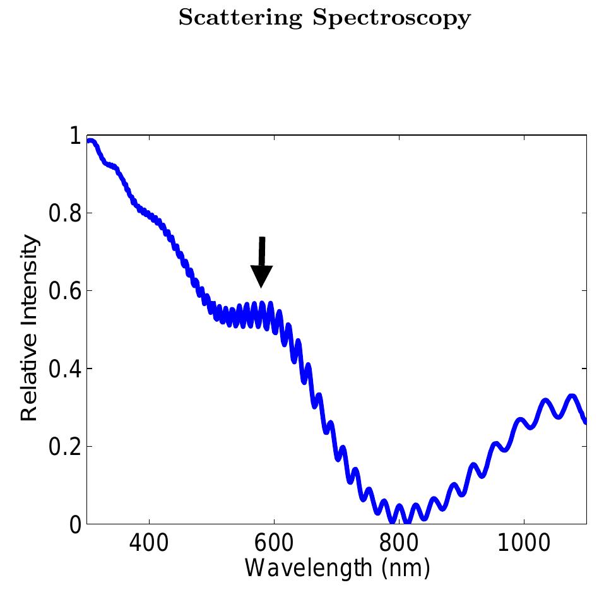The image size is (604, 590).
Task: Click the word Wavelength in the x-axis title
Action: pos(307,569)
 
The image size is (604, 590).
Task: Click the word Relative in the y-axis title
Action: pos(30,382)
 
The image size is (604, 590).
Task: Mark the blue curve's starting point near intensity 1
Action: pos(90,141)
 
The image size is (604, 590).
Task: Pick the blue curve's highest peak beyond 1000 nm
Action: pos(572,397)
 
